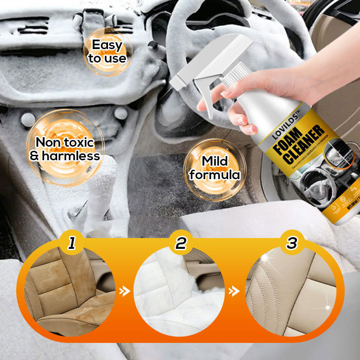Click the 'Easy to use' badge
point(107,51)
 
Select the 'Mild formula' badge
point(215,168)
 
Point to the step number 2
point(180,243)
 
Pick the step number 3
point(292,243)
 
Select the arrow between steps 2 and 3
point(234,292)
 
